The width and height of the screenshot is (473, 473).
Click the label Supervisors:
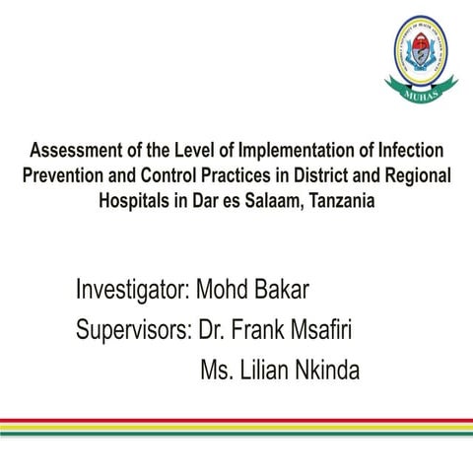pos(133,330)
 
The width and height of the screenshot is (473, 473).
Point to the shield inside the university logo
pos(421,56)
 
